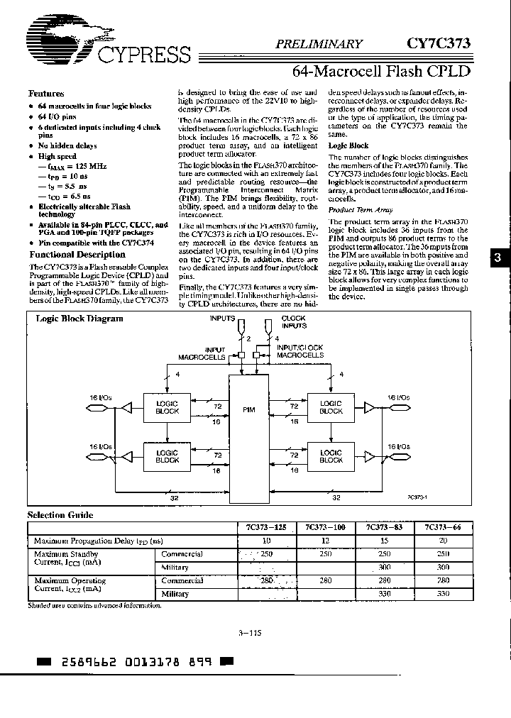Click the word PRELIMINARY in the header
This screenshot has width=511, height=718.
(319, 43)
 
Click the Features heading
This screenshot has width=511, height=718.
(46, 94)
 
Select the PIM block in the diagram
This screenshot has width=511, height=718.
(249, 410)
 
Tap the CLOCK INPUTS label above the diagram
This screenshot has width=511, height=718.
(293, 322)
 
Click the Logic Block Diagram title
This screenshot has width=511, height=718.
(79, 319)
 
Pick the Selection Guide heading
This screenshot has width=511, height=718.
(60, 515)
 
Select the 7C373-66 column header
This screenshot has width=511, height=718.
(439, 528)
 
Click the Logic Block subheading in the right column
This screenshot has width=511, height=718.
(348, 145)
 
